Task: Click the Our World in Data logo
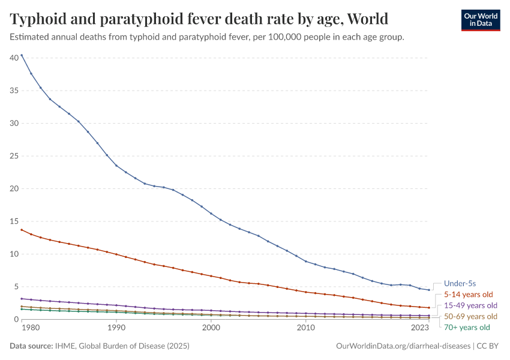(480, 20)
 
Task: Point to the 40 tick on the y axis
(14, 58)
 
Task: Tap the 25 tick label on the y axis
(14, 156)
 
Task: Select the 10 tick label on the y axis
(14, 254)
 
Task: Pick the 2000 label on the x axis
(211, 328)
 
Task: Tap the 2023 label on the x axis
(420, 328)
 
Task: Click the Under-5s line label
(460, 283)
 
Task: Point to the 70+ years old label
(467, 328)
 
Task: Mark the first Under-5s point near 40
(22, 55)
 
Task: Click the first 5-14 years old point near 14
(22, 230)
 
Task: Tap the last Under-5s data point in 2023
(429, 290)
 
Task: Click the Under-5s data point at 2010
(306, 262)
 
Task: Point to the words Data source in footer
(31, 346)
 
